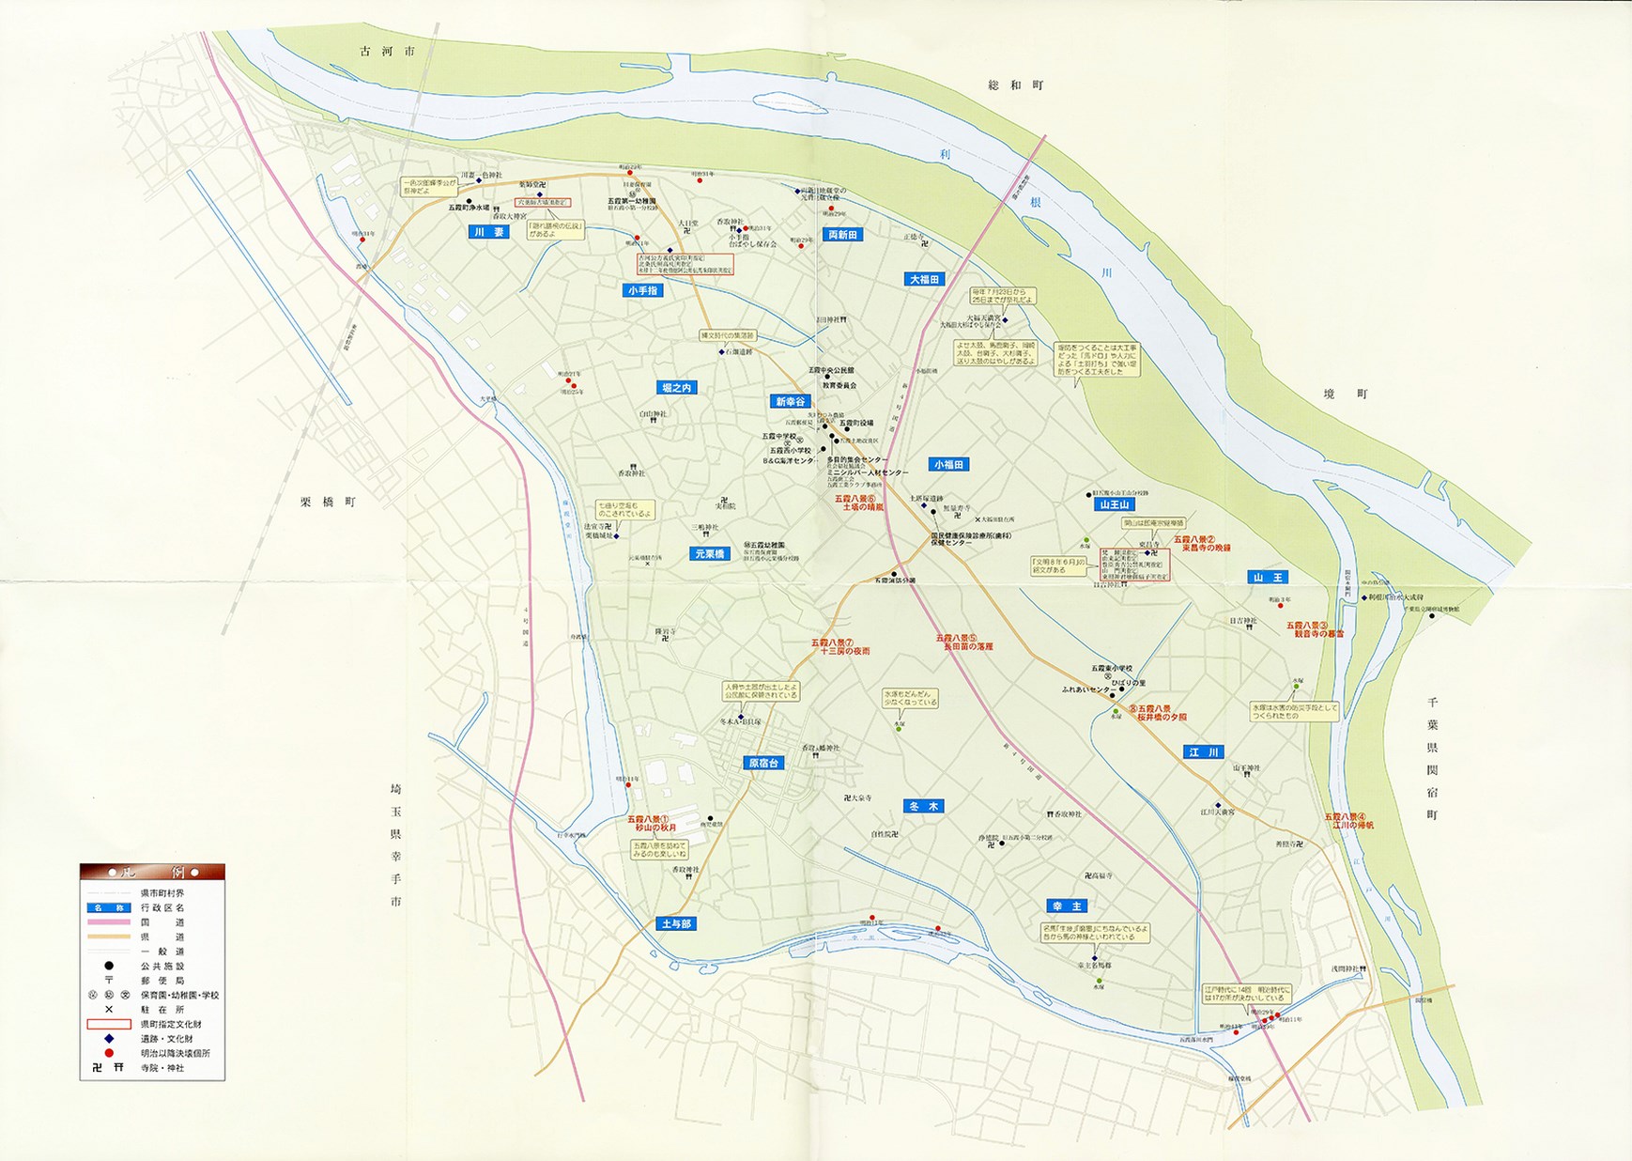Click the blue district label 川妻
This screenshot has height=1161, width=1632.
click(x=488, y=232)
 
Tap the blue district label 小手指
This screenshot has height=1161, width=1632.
click(x=643, y=290)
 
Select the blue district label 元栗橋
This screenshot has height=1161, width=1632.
click(x=709, y=554)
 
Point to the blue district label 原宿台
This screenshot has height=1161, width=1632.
click(x=762, y=764)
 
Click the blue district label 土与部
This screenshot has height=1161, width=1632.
click(x=675, y=924)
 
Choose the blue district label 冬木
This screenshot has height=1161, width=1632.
click(x=923, y=806)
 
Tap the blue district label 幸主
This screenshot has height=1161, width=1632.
click(x=1068, y=906)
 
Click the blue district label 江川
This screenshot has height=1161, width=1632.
click(x=1203, y=752)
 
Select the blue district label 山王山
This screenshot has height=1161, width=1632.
click(x=1113, y=504)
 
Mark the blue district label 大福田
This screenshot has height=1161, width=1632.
click(x=924, y=280)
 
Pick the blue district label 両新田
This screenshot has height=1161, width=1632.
click(x=842, y=235)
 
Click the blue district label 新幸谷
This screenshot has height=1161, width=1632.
click(x=790, y=401)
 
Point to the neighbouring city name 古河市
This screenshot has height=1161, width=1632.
click(x=387, y=52)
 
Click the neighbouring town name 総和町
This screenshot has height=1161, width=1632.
click(x=1015, y=85)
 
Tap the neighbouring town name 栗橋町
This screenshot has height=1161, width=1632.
click(x=328, y=503)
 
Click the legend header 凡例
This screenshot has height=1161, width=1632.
click(x=152, y=872)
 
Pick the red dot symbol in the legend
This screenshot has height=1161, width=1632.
click(x=109, y=1053)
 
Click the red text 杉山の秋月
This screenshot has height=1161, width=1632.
click(x=654, y=828)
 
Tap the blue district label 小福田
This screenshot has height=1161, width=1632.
click(x=948, y=465)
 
